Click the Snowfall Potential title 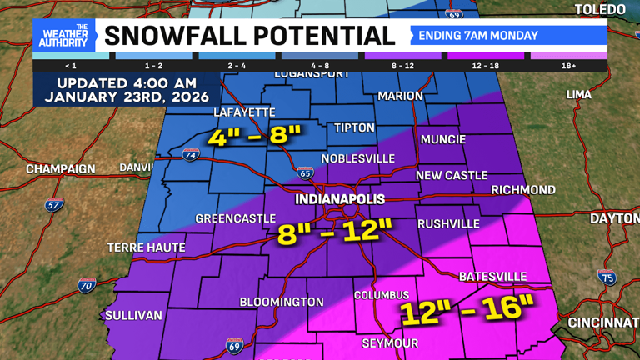pyautogui.click(x=249, y=36)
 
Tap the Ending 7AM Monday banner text pyautogui.click(x=477, y=36)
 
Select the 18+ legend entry pyautogui.click(x=568, y=65)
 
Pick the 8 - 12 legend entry pyautogui.click(x=402, y=65)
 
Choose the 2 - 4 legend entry pyautogui.click(x=237, y=65)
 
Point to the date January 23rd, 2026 pyautogui.click(x=127, y=97)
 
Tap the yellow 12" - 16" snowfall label pyautogui.click(x=467, y=309)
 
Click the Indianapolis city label pyautogui.click(x=340, y=199)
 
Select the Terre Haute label pyautogui.click(x=146, y=247)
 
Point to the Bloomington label pyautogui.click(x=282, y=302)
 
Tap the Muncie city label pyautogui.click(x=442, y=139)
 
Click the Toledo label pyautogui.click(x=600, y=10)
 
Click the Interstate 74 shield pyautogui.click(x=191, y=155)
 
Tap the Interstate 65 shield pyautogui.click(x=305, y=172)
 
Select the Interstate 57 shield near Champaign pyautogui.click(x=54, y=204)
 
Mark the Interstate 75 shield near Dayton pyautogui.click(x=607, y=277)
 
